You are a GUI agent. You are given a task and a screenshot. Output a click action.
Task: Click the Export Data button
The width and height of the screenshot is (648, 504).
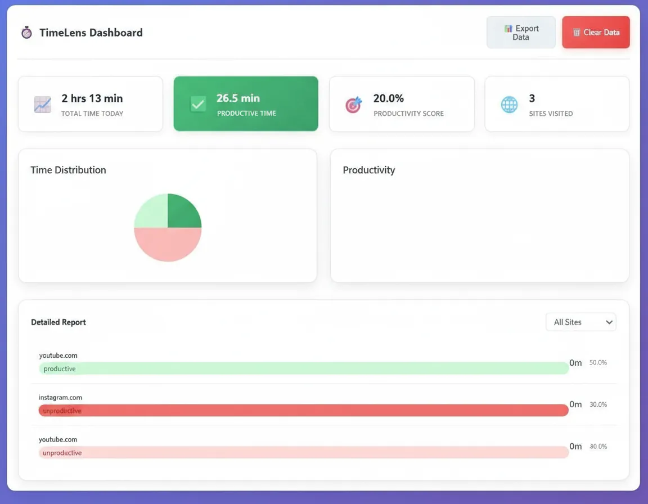[x=521, y=33]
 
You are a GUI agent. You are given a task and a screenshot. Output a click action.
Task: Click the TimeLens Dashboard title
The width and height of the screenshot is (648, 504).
[x=91, y=33]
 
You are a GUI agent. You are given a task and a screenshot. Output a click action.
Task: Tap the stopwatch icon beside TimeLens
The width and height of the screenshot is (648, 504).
[x=26, y=33]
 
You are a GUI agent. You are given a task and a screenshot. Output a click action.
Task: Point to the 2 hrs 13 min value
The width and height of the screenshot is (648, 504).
[x=92, y=98]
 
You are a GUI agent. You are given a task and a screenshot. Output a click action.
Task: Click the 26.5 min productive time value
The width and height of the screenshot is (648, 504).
[x=238, y=98]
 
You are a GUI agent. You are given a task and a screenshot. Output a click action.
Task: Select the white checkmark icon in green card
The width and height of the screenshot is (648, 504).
[x=198, y=104]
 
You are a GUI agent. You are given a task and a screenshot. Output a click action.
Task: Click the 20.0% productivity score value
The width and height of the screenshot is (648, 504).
[x=388, y=98]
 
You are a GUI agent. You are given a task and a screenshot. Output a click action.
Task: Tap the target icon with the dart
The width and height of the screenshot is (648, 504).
[x=353, y=105]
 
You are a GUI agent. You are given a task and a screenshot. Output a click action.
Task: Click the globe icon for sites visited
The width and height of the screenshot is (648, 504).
[x=509, y=105]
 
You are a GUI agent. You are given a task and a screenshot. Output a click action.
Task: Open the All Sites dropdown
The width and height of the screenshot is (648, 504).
[x=580, y=322]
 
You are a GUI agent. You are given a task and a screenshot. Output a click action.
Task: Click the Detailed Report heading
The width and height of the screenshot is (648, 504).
[x=58, y=322]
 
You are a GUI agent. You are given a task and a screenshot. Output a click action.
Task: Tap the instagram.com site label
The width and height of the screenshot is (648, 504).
[x=60, y=397]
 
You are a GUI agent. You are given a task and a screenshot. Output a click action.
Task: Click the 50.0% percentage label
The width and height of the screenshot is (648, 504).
[x=598, y=363]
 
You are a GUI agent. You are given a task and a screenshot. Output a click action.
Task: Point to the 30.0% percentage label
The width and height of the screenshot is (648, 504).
[x=598, y=404]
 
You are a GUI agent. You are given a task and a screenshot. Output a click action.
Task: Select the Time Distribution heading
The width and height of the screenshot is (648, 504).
[x=68, y=170]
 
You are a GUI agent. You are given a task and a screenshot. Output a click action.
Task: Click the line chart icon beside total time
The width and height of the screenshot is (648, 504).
[x=42, y=105]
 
